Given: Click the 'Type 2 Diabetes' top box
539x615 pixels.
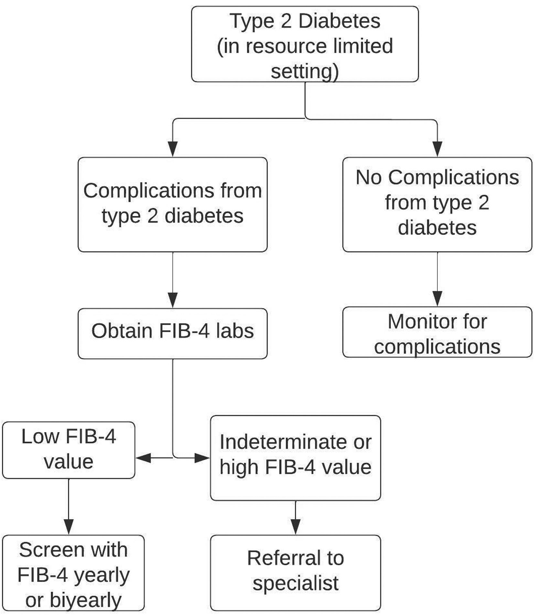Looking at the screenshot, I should point(305,44).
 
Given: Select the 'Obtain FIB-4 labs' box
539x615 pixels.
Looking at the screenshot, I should point(172,334).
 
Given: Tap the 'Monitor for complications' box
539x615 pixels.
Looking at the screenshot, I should point(437,332).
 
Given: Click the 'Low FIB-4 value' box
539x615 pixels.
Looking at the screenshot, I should point(69,450).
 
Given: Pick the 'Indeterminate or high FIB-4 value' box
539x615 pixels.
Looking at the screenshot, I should point(295,458).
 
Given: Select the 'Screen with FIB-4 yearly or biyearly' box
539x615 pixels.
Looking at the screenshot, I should point(73,573).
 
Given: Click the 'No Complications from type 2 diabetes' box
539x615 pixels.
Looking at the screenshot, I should point(437,204).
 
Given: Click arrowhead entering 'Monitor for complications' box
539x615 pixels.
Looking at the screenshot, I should point(437,298).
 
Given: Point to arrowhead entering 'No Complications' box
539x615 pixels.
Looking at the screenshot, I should point(437,149).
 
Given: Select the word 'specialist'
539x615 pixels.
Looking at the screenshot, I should point(295,583).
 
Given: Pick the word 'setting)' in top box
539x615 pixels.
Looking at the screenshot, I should point(305,71).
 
